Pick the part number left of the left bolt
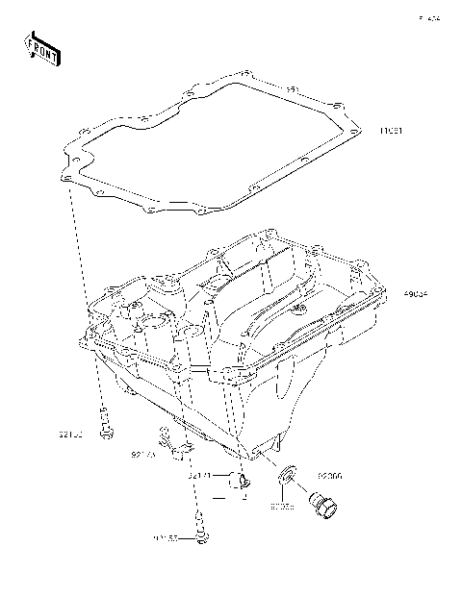(69, 435)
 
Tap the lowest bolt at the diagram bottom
(201, 533)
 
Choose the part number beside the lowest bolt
(167, 539)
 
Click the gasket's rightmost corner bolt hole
(357, 131)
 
